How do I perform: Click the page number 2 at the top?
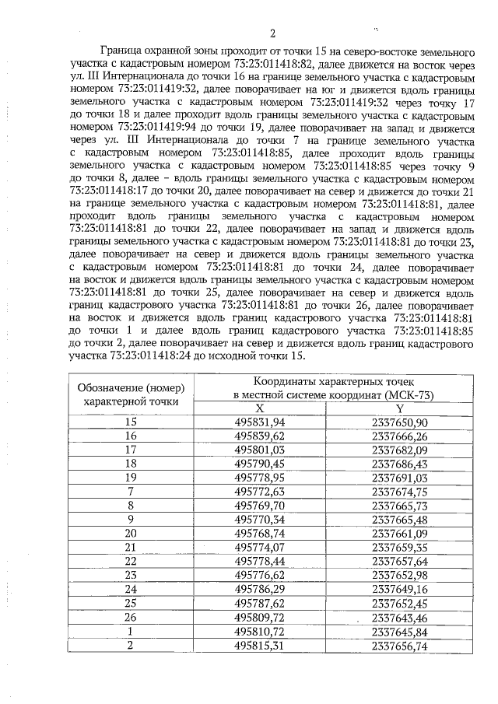click(272, 33)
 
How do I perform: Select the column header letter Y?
click(400, 408)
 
